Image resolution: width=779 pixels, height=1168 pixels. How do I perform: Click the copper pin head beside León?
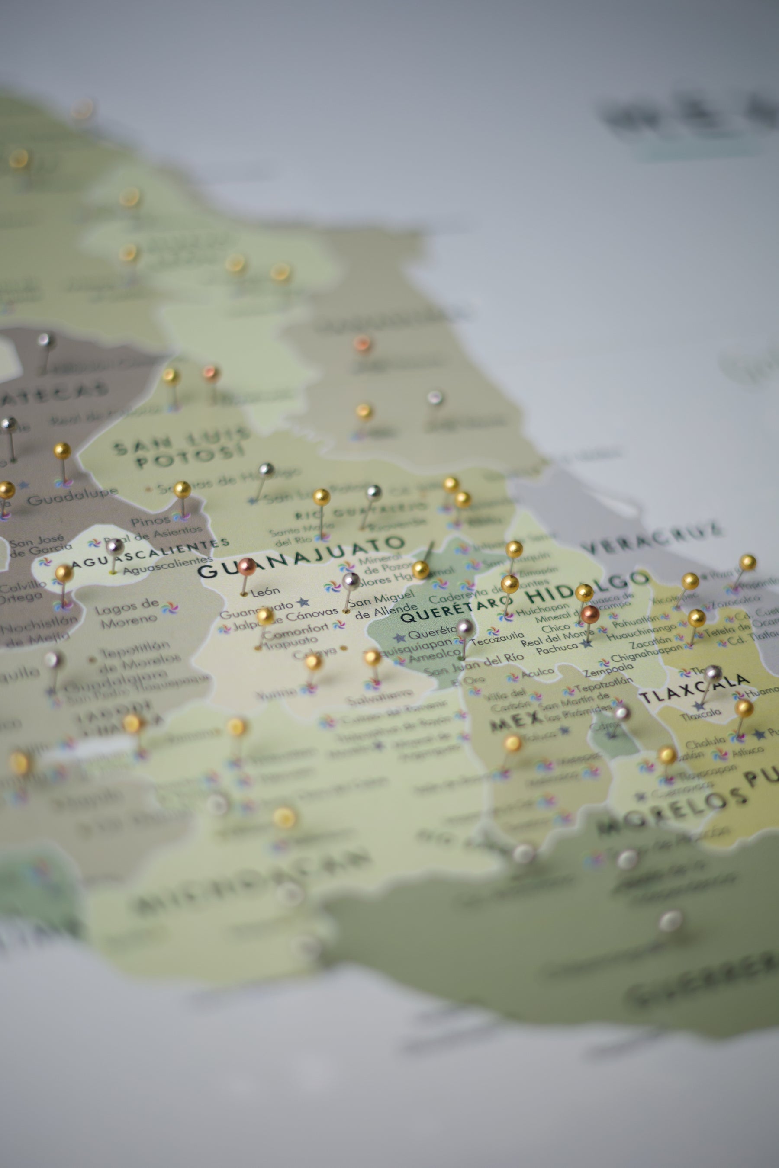point(246,566)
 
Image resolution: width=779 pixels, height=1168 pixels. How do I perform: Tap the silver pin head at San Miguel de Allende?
point(351,580)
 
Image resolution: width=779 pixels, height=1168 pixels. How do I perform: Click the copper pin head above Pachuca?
point(590,614)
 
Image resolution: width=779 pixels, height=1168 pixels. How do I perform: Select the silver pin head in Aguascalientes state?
point(115,547)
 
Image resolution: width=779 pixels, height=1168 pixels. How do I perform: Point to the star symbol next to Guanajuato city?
point(303,602)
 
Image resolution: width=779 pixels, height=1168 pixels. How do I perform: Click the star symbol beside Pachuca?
point(587,644)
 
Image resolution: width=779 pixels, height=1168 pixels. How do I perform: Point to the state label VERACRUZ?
point(653,538)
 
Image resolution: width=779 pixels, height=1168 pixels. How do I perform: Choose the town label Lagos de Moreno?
point(127,613)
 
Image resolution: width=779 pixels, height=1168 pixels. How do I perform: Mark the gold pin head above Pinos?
point(182,490)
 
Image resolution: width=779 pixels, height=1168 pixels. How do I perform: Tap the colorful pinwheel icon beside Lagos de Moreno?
point(170,607)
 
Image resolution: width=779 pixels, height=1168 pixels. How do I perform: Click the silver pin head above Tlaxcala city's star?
point(713,674)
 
